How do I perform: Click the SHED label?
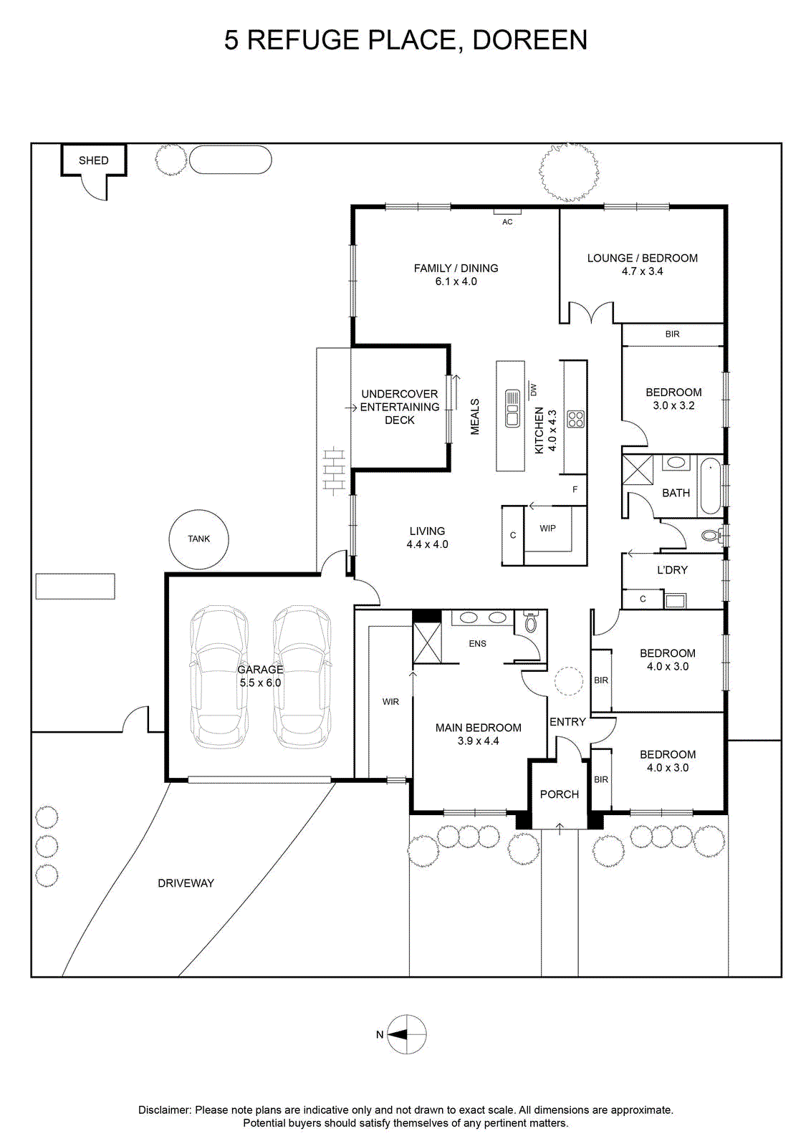(93, 160)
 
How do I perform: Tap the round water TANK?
(198, 539)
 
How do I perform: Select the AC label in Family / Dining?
(507, 222)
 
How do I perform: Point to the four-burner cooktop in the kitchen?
(575, 419)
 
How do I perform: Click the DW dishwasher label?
(533, 390)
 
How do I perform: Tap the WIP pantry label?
(547, 528)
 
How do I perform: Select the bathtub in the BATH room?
(710, 486)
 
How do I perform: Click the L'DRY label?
(672, 570)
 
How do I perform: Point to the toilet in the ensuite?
(531, 622)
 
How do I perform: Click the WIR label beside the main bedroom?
(390, 702)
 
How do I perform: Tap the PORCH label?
(560, 794)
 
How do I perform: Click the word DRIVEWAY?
(186, 883)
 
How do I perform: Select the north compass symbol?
(406, 1034)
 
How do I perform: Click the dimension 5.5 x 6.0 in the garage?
(261, 683)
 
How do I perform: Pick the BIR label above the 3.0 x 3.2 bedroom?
(672, 334)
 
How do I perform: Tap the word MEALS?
(475, 417)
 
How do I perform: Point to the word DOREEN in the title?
(529, 40)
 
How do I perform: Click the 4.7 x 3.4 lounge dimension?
(642, 271)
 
